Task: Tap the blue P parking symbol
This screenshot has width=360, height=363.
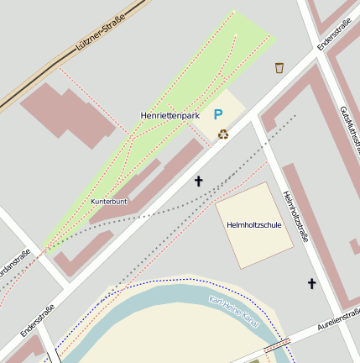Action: click(218, 115)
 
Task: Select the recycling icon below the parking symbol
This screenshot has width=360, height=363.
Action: click(222, 134)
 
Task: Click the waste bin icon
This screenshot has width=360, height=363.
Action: click(279, 67)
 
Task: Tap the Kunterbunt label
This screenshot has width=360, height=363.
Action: click(109, 202)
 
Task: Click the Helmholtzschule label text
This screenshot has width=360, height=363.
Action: click(254, 225)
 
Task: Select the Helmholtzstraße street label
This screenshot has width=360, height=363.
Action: click(295, 216)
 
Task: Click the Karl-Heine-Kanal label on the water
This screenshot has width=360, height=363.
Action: click(233, 313)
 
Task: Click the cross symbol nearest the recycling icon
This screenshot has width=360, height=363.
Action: click(199, 180)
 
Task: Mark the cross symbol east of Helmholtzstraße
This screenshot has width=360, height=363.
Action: click(312, 283)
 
